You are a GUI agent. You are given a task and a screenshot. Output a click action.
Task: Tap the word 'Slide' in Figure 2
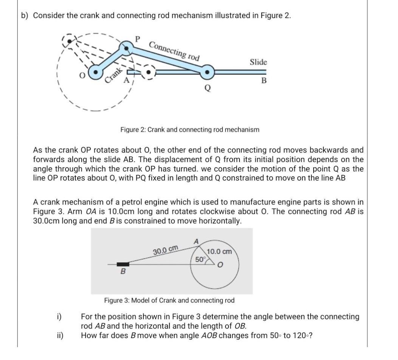(x=258, y=62)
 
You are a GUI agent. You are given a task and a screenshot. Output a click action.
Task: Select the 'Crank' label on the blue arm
(x=113, y=74)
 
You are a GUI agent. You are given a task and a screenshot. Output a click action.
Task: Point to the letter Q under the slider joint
(x=207, y=87)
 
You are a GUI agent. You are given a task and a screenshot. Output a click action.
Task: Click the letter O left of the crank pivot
(x=80, y=74)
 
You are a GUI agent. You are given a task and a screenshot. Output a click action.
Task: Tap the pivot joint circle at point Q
(x=207, y=72)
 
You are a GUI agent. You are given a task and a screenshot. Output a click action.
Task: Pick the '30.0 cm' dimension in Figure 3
(x=165, y=250)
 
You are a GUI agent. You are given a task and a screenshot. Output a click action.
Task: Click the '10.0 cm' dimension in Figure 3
(x=220, y=251)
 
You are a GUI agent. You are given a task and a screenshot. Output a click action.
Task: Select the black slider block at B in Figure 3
(x=123, y=264)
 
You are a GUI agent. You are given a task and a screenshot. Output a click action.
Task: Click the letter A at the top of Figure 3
(x=196, y=241)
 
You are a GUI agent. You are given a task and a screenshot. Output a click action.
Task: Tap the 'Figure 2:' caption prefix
(x=133, y=129)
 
